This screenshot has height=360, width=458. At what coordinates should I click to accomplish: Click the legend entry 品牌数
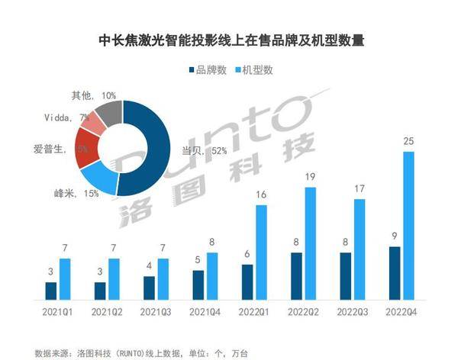208,70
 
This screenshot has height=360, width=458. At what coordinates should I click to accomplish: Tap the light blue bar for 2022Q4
409,225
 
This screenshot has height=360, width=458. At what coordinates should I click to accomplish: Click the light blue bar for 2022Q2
311,243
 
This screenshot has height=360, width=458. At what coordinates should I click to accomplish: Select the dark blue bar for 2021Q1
51,291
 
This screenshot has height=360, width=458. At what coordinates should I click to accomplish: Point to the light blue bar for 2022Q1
261,252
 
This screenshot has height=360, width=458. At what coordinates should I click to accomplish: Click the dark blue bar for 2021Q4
198,284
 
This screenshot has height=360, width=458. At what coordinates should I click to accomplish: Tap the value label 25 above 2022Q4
409,142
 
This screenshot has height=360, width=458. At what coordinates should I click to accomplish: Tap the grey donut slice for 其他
108,114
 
